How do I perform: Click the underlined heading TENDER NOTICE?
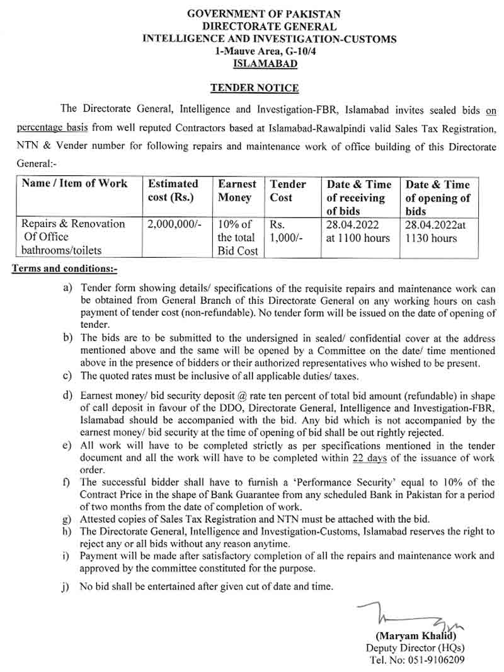(x=255, y=88)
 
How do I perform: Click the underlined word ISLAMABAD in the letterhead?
(x=265, y=63)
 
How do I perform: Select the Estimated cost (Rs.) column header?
(x=173, y=190)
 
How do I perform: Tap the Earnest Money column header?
(x=237, y=190)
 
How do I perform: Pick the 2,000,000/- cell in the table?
(x=173, y=224)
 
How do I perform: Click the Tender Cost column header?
(x=287, y=190)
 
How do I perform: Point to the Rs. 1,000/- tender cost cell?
(x=287, y=231)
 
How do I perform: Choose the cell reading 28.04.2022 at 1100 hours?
(x=358, y=231)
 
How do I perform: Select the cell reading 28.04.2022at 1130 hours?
(x=437, y=231)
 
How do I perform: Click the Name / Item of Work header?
(x=74, y=183)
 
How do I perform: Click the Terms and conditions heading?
(x=65, y=270)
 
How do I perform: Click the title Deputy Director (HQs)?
(x=416, y=648)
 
